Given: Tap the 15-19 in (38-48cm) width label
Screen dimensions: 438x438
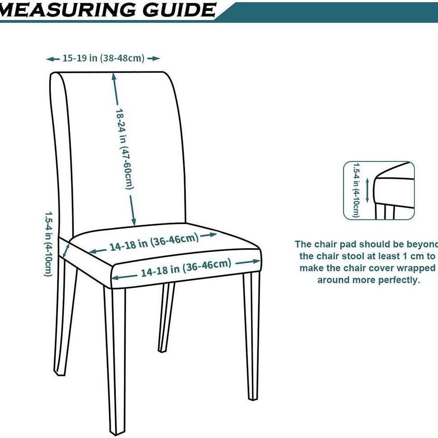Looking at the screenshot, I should (103, 58).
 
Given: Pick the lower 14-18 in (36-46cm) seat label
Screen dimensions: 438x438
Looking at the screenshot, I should (186, 268).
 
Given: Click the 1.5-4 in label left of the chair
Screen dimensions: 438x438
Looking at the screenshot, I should (48, 243).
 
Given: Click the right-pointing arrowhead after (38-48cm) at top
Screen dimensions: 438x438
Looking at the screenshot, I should (157, 58).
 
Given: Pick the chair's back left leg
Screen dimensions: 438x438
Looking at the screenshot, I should (61, 319).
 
